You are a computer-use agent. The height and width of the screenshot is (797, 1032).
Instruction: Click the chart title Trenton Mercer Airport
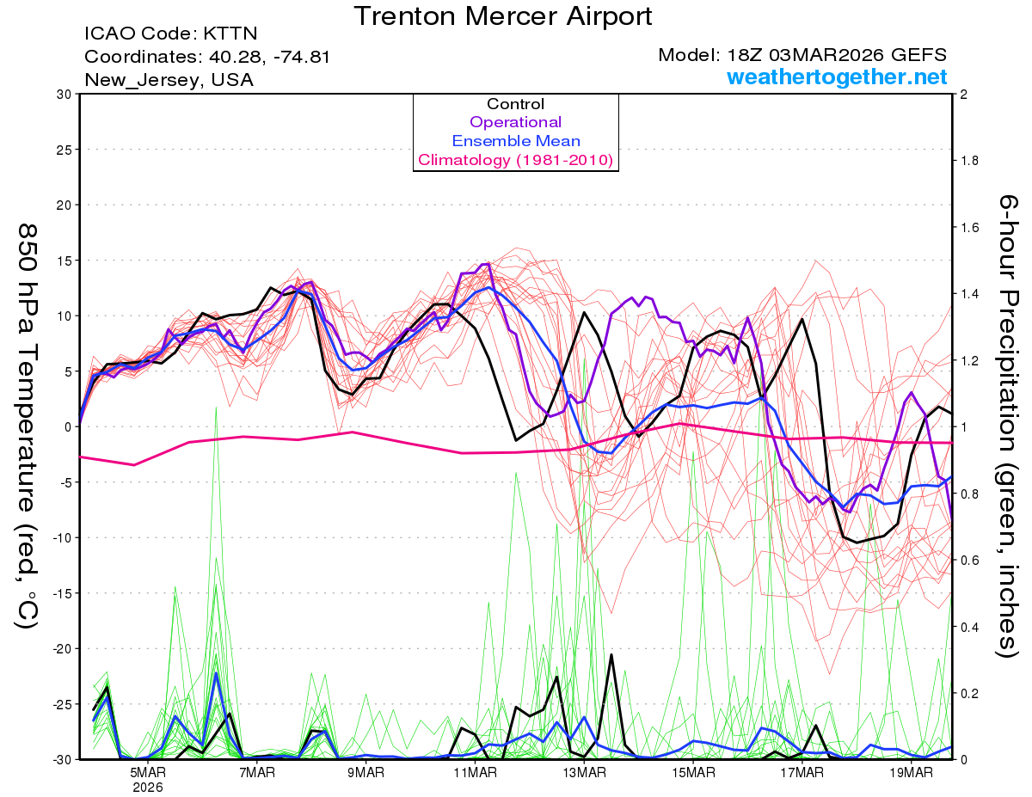503,15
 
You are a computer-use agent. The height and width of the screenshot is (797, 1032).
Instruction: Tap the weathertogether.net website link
837,77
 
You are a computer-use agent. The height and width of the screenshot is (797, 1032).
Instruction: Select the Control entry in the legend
515,104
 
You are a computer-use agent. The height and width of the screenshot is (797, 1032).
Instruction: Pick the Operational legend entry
515,122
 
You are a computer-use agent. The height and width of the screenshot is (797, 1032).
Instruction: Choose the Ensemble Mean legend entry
515,141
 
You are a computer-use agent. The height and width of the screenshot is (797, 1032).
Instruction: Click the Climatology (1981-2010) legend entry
515,160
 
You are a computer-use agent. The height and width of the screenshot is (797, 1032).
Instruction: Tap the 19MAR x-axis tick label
911,772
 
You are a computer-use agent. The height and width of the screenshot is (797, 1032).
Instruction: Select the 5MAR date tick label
147,772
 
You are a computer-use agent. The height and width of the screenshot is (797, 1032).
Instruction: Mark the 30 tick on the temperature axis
62,95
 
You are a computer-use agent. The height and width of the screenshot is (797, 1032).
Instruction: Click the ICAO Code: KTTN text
171,34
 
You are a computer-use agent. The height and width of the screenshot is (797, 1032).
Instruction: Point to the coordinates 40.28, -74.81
207,57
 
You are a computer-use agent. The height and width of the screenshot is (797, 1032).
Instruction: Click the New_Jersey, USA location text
169,80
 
